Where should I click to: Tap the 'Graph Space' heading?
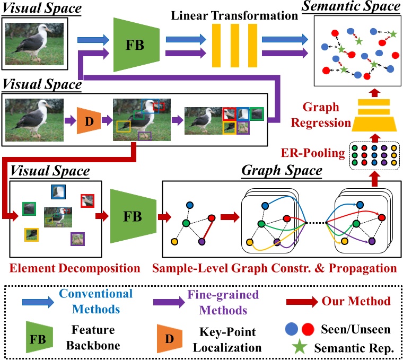tap(282, 171)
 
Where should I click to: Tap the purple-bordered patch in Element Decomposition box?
tap(78, 239)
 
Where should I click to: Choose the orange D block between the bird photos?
tap(89, 121)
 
